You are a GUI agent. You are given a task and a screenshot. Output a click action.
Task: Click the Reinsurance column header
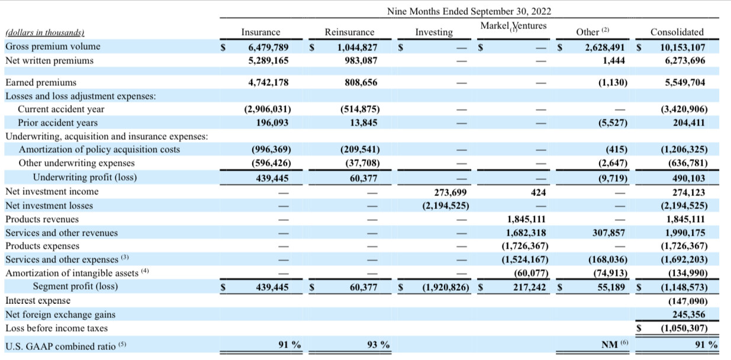[x=349, y=32]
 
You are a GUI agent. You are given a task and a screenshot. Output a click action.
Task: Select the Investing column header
[x=434, y=33]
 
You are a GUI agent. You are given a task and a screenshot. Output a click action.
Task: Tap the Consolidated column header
[x=677, y=32]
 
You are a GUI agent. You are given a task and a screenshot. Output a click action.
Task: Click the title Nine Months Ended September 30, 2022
[x=469, y=11]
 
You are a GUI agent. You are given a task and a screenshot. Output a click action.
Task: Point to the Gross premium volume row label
[x=53, y=46]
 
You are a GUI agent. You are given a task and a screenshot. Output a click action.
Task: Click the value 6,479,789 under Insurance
[x=268, y=47]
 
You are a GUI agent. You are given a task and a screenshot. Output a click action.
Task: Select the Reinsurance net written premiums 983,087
[x=361, y=61]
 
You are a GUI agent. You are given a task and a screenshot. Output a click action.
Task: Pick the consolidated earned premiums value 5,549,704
[x=685, y=82]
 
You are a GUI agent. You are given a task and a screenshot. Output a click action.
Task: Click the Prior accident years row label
[x=58, y=123]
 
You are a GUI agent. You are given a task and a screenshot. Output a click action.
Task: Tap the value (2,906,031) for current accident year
[x=268, y=109]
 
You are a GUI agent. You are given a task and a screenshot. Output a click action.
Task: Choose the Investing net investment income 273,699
[x=450, y=192]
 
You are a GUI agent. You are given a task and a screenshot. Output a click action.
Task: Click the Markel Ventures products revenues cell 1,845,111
[x=526, y=219]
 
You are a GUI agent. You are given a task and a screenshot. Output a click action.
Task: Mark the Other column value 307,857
[x=608, y=233]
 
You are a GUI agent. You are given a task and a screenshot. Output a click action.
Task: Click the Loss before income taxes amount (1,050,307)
[x=684, y=328]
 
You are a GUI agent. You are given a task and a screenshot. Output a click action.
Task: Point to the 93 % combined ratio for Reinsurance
[x=378, y=345]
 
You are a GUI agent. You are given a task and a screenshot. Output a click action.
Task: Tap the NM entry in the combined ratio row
[x=609, y=345]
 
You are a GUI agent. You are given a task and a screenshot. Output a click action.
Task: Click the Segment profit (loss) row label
[x=75, y=286]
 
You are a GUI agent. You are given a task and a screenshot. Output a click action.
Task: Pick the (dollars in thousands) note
[x=45, y=33]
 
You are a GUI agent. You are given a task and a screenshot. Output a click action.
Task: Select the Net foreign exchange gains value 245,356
[x=688, y=314]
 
